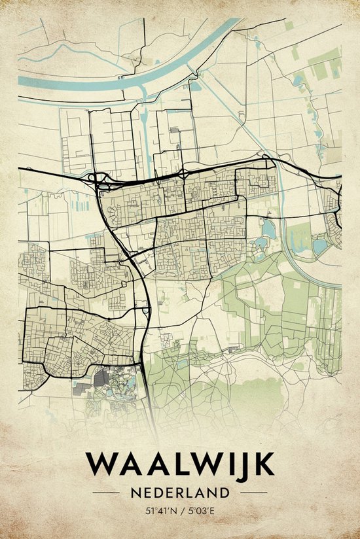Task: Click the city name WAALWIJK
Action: tap(180, 464)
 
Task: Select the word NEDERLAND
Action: tap(180, 492)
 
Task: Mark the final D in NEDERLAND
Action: tap(225, 492)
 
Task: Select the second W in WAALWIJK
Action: tap(201, 464)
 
